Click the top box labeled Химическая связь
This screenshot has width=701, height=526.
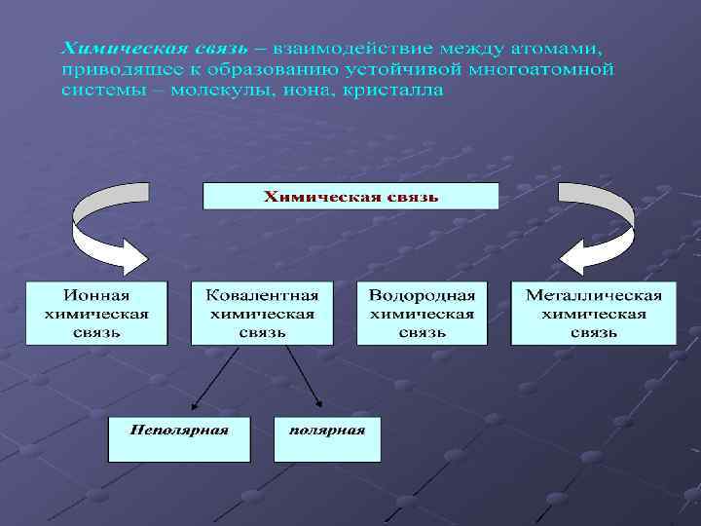350,197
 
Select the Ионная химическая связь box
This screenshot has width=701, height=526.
96,314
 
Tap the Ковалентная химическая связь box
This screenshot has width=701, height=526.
262,314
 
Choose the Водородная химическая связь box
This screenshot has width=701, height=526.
422,314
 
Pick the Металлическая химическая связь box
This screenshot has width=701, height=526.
594,314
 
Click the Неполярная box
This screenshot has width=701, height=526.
179,439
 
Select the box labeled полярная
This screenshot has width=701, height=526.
327,439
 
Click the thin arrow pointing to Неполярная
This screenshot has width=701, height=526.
215,376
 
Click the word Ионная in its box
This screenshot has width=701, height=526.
96,295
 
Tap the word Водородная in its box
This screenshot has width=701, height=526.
422,295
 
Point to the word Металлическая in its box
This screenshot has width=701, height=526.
594,295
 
